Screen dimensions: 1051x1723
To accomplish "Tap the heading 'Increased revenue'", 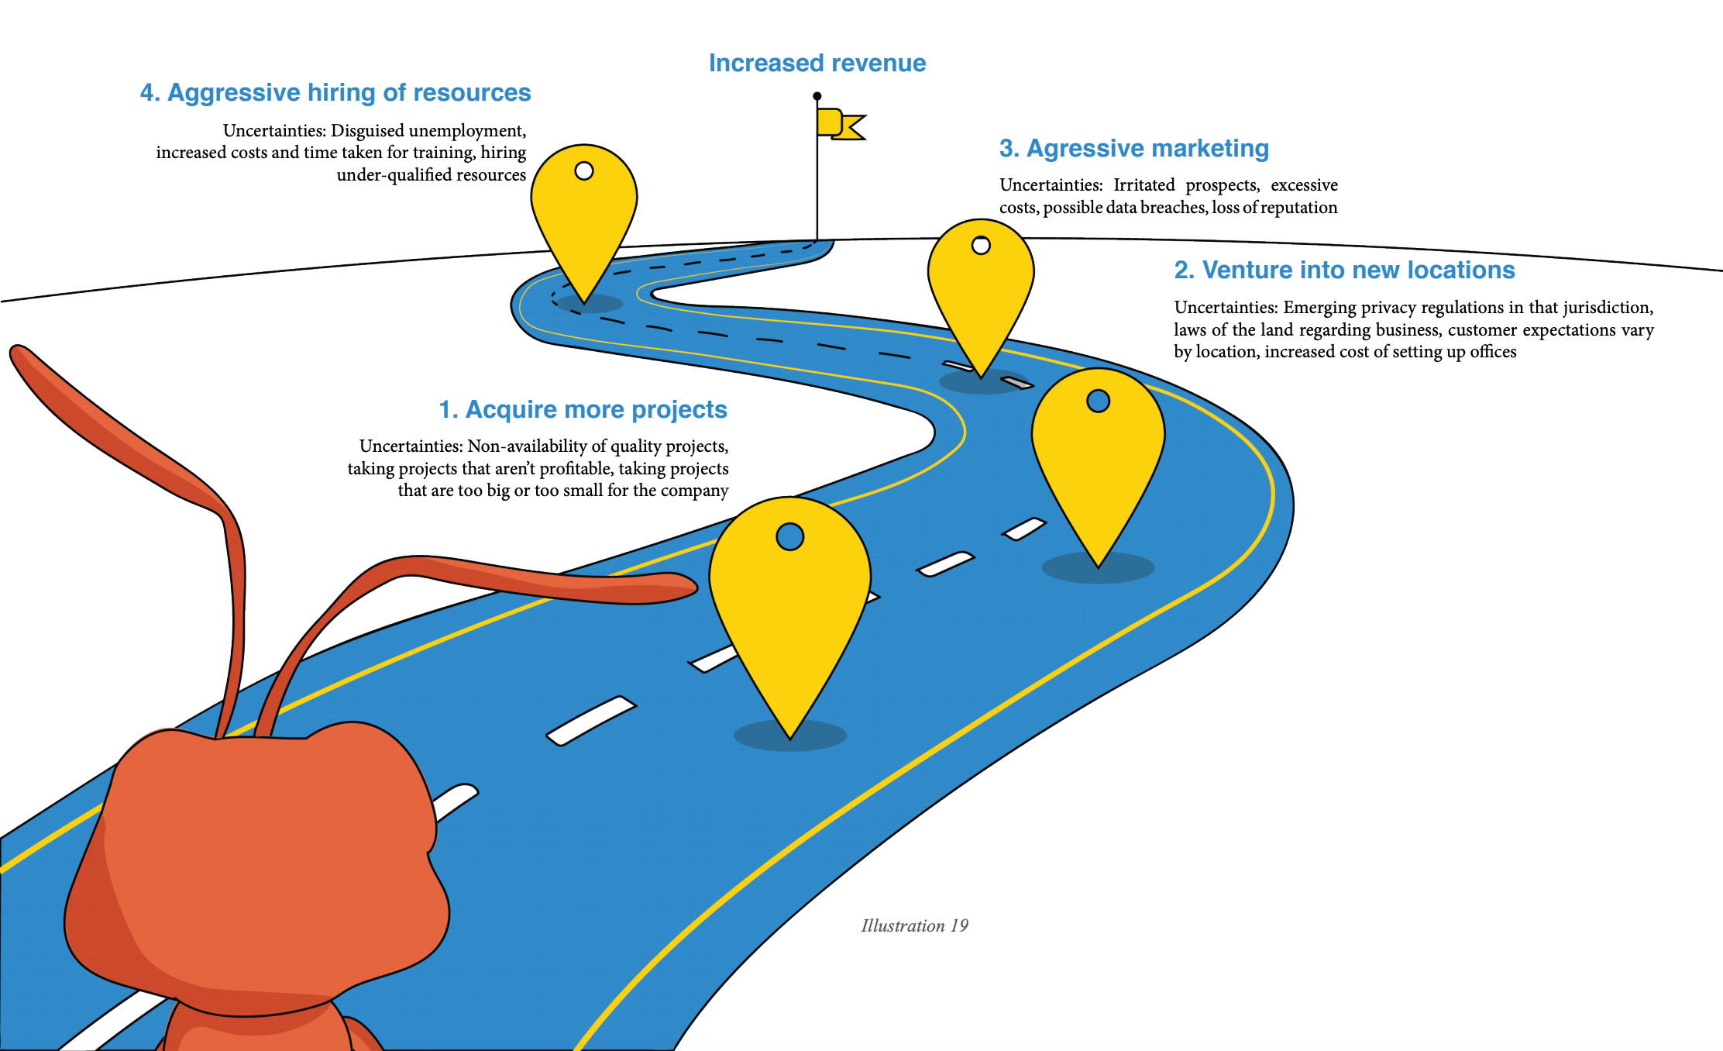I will pos(817,63).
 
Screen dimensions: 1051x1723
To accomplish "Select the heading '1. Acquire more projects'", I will pos(583,409).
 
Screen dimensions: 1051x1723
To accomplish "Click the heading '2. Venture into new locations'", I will pos(1343,270).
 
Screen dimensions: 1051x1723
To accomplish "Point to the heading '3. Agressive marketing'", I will pos(1133,148).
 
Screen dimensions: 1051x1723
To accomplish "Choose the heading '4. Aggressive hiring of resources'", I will pos(335,92).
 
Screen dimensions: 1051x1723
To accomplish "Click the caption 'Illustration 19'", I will pos(914,925).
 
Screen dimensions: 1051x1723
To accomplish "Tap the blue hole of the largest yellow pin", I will pos(789,536).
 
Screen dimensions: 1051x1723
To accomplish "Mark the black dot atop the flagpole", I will pos(817,96).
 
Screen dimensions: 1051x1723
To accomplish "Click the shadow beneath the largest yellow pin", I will pos(789,736).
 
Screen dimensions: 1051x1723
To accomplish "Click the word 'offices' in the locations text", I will pos(1492,352).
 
